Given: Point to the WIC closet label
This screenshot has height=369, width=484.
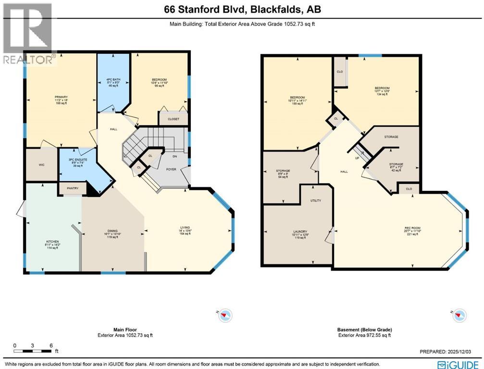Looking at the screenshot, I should [41, 164].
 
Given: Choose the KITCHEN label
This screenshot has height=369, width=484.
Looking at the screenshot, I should [52, 241].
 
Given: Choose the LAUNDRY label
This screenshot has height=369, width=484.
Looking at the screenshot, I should [300, 232].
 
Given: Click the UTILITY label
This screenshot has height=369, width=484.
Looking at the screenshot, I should [315, 200].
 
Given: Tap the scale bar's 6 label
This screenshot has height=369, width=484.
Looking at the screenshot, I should [51, 345].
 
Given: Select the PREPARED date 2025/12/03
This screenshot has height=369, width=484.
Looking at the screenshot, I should [450, 352].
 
